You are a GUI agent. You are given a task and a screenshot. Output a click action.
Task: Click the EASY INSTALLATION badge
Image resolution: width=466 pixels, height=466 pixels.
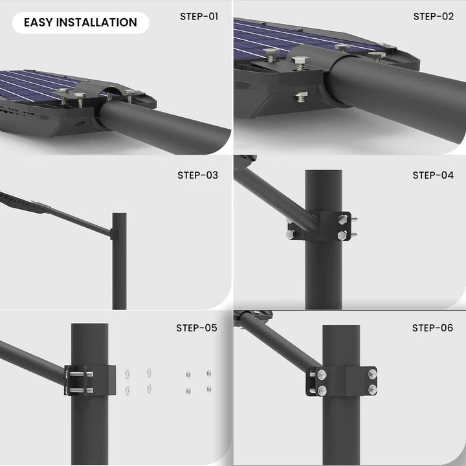80,23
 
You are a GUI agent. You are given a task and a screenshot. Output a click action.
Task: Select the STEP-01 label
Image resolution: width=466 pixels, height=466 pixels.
199,16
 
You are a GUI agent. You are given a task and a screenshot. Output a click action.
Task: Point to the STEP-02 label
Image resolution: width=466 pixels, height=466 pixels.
433,16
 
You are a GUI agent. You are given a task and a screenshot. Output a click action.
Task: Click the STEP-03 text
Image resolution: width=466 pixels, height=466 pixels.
197,175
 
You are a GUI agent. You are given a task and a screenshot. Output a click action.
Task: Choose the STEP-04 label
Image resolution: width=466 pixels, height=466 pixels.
433,175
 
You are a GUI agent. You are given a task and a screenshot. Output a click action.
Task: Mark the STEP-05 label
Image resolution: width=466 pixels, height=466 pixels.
197,328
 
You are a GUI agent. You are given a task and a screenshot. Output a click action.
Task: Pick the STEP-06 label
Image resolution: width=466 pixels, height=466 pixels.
432,328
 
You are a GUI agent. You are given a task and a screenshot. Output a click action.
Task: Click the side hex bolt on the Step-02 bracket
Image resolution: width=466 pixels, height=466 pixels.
301,98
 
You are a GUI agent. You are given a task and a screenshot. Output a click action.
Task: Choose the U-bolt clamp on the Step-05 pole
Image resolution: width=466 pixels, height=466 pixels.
81,380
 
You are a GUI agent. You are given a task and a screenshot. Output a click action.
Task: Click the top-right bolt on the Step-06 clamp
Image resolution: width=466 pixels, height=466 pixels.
372,374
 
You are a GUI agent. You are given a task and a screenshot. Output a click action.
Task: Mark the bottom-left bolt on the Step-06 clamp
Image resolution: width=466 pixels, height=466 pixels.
322,390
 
